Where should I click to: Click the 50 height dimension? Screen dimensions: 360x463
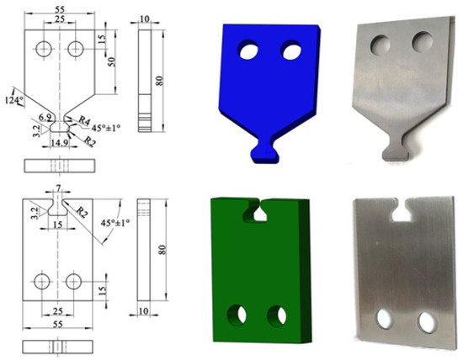click(111, 61)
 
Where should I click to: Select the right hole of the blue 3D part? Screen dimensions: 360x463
click(291, 52)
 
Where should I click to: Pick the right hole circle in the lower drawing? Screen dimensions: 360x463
click(73, 281)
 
